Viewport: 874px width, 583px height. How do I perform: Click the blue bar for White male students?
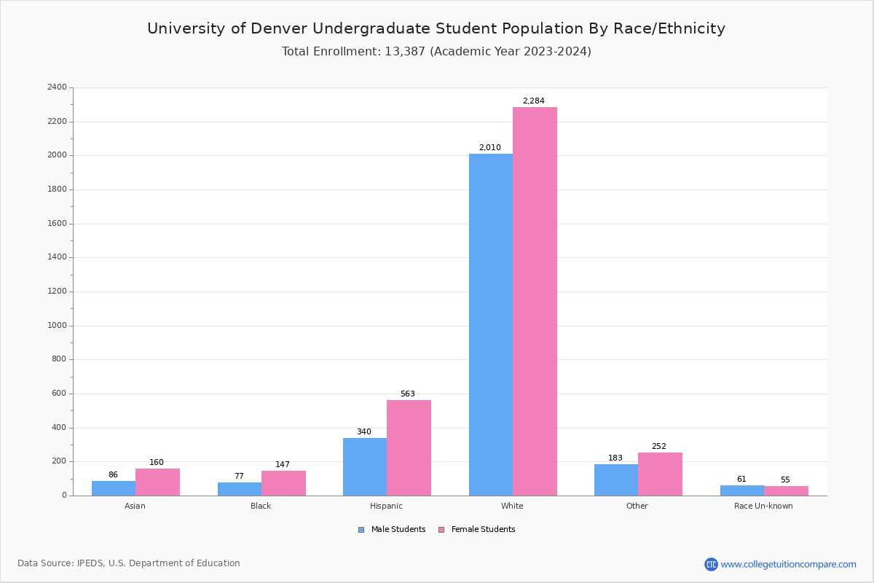[490, 324]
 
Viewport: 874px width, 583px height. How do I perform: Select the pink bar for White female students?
[535, 301]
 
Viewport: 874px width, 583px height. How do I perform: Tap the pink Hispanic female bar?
[409, 447]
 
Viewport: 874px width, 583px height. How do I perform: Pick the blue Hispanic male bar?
[365, 466]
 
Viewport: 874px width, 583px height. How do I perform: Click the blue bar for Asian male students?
[114, 488]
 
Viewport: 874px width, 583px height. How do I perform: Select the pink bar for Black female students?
[283, 483]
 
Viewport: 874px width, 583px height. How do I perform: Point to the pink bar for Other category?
[660, 474]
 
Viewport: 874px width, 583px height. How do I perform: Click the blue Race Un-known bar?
[741, 490]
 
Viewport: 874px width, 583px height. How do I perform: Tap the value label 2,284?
[533, 101]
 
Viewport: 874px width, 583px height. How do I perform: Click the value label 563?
[407, 394]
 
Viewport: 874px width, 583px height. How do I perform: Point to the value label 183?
[615, 458]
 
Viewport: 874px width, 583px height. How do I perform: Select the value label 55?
[785, 480]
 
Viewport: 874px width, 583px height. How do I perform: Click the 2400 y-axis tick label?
[57, 87]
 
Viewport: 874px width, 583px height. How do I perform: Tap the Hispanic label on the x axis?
[386, 506]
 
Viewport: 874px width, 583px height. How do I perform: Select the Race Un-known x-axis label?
[763, 506]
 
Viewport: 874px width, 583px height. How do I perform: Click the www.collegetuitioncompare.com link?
[788, 564]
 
